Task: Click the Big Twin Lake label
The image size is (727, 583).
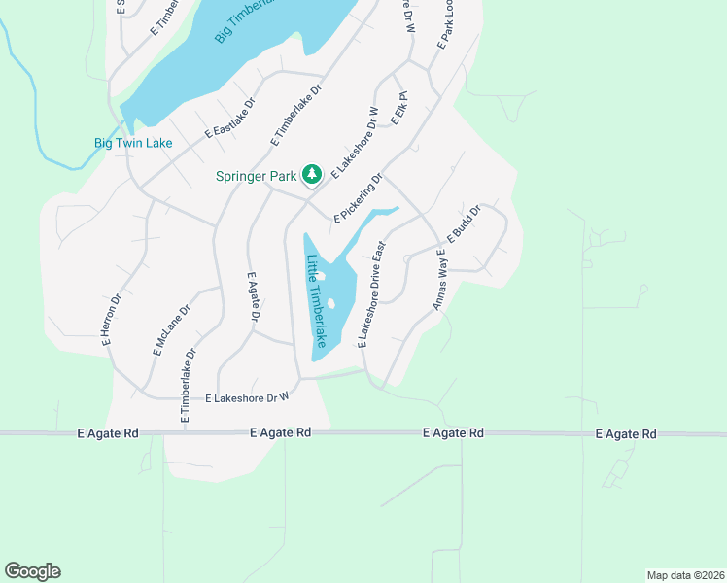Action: (133, 143)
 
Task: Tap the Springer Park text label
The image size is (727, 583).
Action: (258, 176)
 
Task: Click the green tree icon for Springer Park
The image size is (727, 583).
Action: (312, 175)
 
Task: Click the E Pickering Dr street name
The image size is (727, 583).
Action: (359, 198)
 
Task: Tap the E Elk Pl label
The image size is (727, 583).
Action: (398, 108)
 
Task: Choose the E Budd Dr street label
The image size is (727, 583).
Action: (464, 224)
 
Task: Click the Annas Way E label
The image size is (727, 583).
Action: (439, 280)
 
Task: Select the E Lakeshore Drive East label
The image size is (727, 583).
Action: (372, 294)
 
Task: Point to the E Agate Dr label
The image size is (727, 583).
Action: (255, 297)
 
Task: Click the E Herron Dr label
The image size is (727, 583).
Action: (111, 321)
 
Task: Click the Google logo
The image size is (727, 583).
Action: (32, 571)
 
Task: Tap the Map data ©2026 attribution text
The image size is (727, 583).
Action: (684, 574)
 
